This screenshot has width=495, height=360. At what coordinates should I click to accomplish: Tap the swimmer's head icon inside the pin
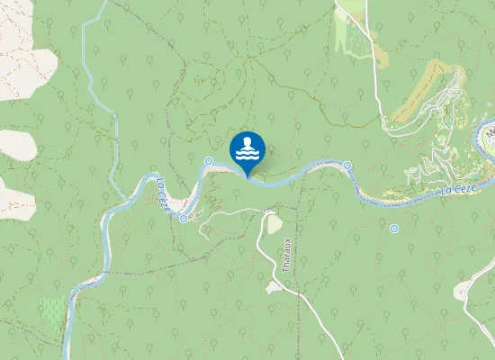click(247, 143)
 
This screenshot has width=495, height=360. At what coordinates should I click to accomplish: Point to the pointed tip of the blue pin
click(247, 176)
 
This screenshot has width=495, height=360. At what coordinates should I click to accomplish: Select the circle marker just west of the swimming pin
click(208, 162)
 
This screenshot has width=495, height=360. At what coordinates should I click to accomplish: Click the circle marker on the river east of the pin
click(347, 166)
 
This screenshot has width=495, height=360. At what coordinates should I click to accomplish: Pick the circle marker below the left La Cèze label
click(184, 218)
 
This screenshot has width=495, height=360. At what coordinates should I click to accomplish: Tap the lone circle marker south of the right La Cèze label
click(394, 229)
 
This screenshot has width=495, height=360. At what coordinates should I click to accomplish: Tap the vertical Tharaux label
click(286, 255)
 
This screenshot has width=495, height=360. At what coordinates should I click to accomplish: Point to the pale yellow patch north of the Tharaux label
click(273, 223)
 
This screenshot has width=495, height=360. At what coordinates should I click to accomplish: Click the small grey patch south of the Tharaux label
click(273, 287)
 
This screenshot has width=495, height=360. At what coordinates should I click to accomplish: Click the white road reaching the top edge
click(343, 7)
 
